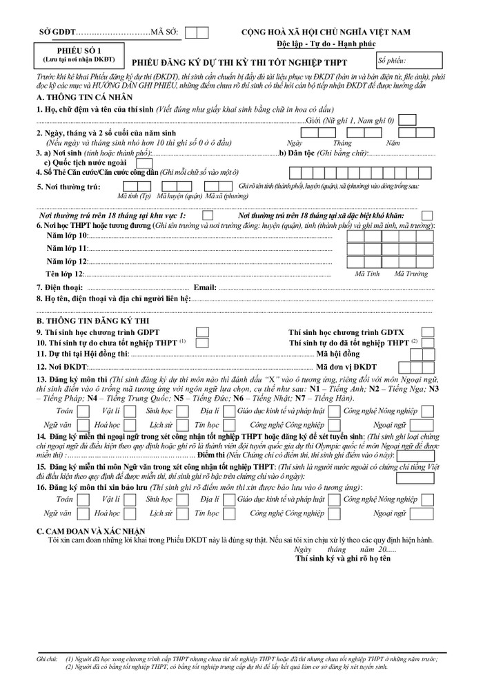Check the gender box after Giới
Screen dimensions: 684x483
pos(408,120)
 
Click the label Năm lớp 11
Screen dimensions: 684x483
pos(66,247)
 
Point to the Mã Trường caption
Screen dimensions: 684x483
pos(410,274)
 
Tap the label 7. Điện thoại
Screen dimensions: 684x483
pos(61,287)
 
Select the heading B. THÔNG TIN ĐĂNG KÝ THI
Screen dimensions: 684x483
pos(92,321)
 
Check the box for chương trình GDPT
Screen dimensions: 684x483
pos(203,332)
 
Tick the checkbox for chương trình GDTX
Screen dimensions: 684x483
pos(428,332)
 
